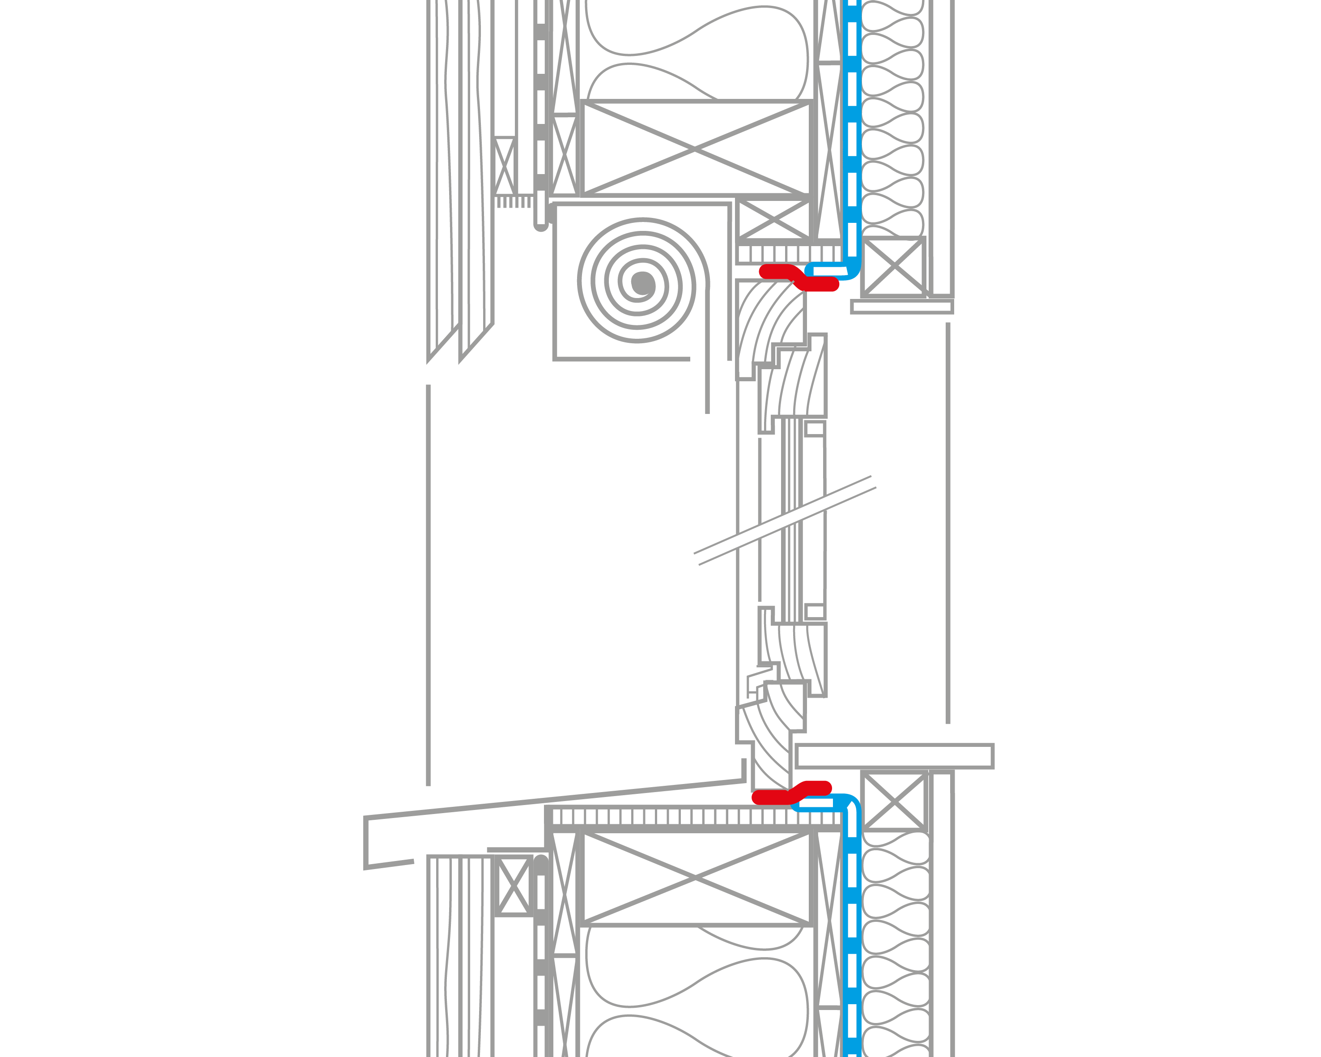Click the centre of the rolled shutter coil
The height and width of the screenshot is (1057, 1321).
(x=642, y=283)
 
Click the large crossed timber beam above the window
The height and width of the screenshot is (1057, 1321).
(x=696, y=148)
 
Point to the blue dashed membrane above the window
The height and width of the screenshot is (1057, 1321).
(x=852, y=123)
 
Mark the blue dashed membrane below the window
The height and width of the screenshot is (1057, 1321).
(x=852, y=919)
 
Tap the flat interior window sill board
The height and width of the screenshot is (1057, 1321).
(x=895, y=756)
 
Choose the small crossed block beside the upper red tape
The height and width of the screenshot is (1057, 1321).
(x=893, y=265)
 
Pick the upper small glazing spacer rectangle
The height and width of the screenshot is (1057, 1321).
(x=814, y=428)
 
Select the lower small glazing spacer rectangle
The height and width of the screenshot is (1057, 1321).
(x=814, y=611)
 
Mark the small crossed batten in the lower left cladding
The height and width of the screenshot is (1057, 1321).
(x=514, y=886)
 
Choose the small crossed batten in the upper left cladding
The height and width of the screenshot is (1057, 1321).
(x=504, y=166)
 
